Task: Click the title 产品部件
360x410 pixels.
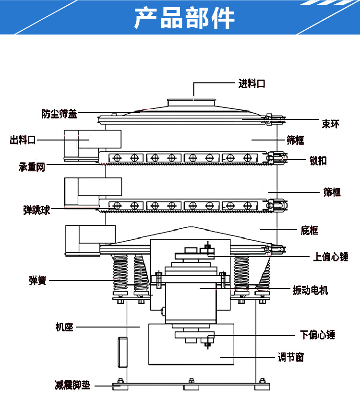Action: [x=184, y=18]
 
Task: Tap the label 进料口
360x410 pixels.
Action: [x=252, y=84]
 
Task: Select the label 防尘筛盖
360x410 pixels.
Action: [x=59, y=114]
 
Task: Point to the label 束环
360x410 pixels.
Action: [x=330, y=124]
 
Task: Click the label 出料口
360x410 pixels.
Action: [x=23, y=140]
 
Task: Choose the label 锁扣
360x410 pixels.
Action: [x=318, y=161]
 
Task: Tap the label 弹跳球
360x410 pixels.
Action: [x=36, y=210]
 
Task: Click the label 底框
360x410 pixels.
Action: [x=310, y=231]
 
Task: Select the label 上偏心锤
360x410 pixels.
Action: [x=331, y=258]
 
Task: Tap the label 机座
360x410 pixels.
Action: [x=64, y=328]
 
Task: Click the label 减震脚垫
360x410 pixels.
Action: [x=72, y=385]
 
